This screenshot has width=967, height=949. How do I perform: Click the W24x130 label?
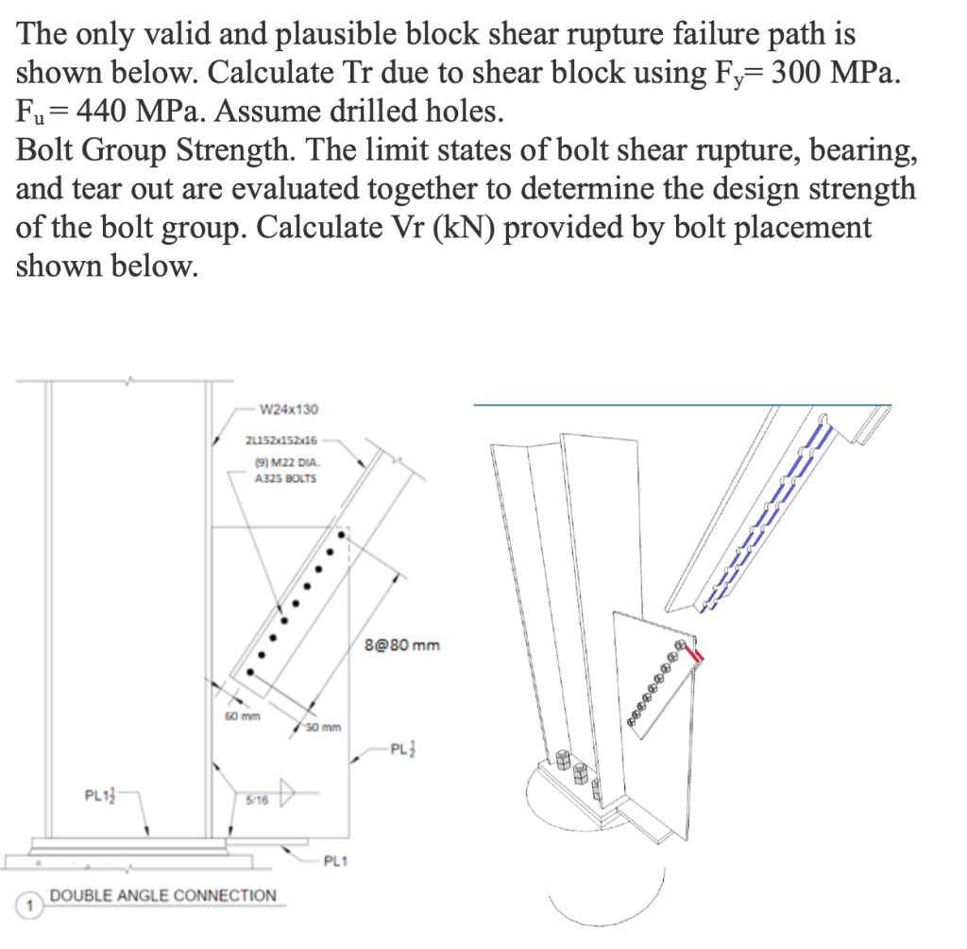(x=288, y=409)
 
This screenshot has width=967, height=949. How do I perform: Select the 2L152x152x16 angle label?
(x=281, y=440)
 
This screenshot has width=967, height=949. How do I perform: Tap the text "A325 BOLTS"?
(x=286, y=478)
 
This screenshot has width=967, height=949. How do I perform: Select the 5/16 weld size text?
(x=257, y=799)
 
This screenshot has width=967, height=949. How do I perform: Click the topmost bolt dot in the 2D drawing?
(x=341, y=535)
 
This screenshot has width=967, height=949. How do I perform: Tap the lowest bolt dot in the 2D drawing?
(x=250, y=671)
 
